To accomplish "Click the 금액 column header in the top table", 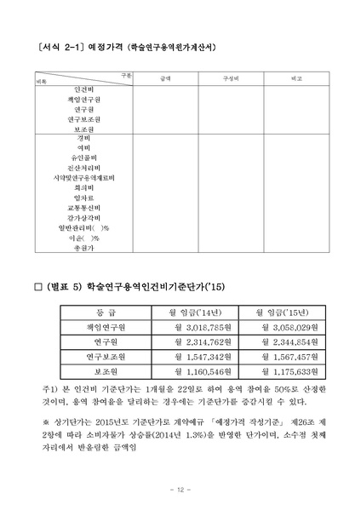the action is click(x=163, y=77).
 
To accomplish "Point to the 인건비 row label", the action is click(x=83, y=89).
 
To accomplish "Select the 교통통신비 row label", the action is click(x=83, y=207).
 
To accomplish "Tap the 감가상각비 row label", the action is click(x=83, y=217).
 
